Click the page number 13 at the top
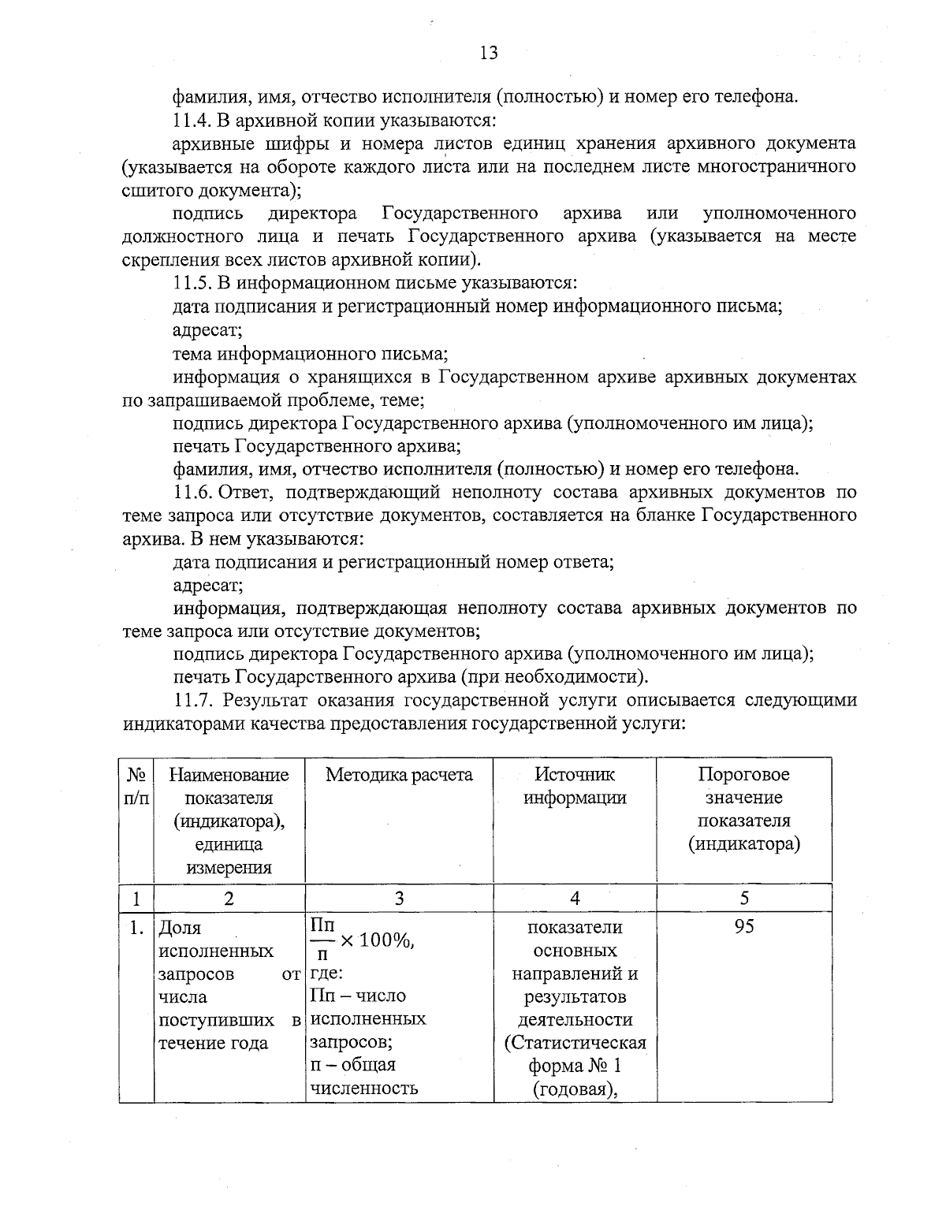[x=488, y=53]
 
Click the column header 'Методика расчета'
[x=399, y=775]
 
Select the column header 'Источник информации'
[x=575, y=786]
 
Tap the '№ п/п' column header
[x=136, y=786]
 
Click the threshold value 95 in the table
[x=744, y=927]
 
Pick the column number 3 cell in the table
[x=399, y=898]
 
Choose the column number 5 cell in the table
[x=744, y=898]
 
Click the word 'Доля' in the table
[x=181, y=928]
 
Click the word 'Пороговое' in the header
[x=743, y=775]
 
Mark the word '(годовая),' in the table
[x=575, y=1089]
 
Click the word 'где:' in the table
[x=326, y=973]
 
